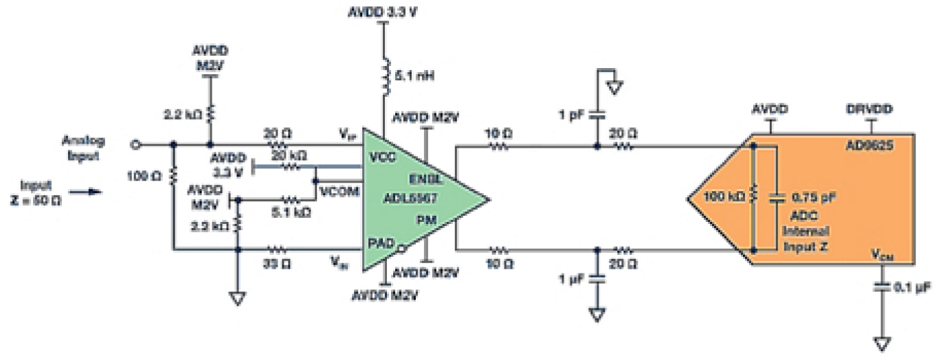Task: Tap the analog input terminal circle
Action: click(x=136, y=145)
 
